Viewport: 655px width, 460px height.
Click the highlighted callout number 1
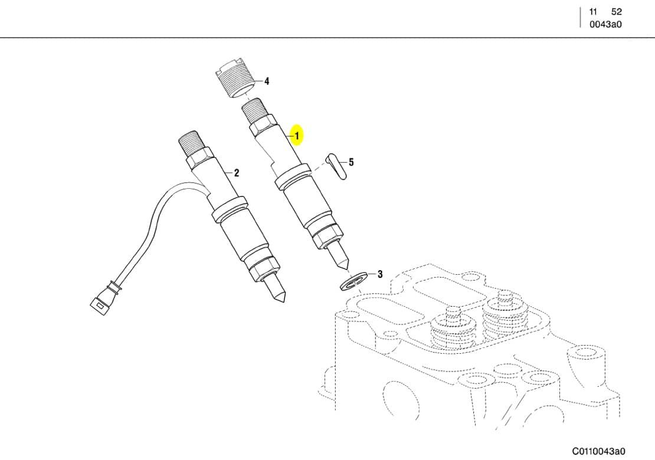click(x=297, y=136)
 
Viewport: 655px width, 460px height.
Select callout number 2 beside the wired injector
click(x=237, y=173)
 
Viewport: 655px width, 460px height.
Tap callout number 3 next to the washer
click(x=380, y=274)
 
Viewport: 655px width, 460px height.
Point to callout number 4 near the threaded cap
click(x=267, y=81)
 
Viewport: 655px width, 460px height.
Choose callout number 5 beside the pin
click(x=351, y=162)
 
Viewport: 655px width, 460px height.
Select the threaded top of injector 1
click(x=256, y=111)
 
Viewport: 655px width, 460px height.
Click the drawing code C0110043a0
click(x=598, y=451)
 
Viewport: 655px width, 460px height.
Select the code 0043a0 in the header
click(x=605, y=24)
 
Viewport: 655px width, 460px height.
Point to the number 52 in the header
click(x=616, y=12)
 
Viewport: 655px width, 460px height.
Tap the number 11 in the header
click(x=594, y=12)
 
